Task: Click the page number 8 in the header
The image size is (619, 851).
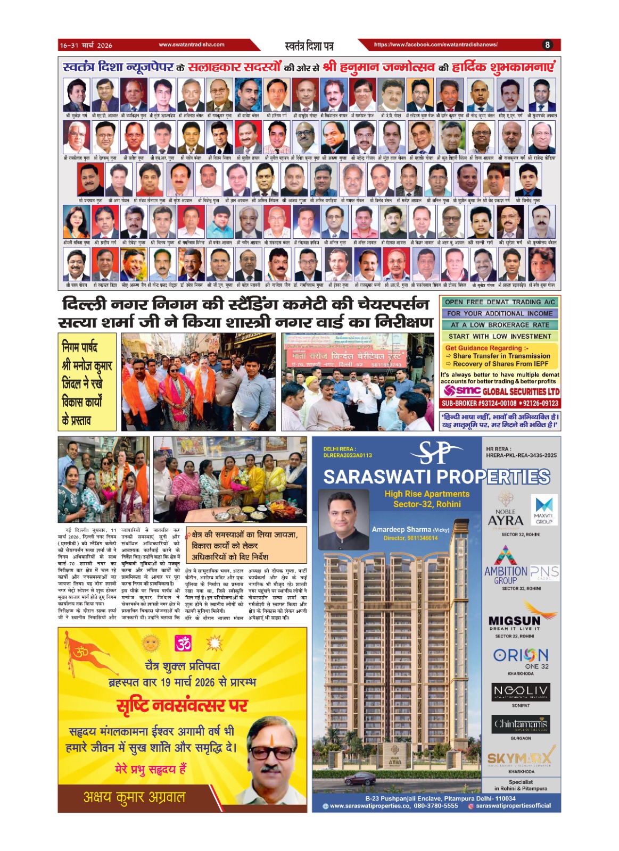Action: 547,45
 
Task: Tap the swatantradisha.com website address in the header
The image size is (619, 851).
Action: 192,45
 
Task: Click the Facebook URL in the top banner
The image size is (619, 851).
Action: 436,45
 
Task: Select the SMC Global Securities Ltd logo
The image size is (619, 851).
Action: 501,391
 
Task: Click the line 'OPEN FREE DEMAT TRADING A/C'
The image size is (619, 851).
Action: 500,302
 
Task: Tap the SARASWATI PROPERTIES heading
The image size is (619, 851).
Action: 436,477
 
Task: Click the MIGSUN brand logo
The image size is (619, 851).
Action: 514,620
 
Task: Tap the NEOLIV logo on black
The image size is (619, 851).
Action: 521,691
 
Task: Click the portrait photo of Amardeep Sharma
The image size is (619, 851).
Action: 343,519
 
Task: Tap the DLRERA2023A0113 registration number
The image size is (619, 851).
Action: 348,455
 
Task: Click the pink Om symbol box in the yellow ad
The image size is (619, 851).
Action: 183,644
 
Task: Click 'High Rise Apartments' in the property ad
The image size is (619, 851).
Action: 427,494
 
